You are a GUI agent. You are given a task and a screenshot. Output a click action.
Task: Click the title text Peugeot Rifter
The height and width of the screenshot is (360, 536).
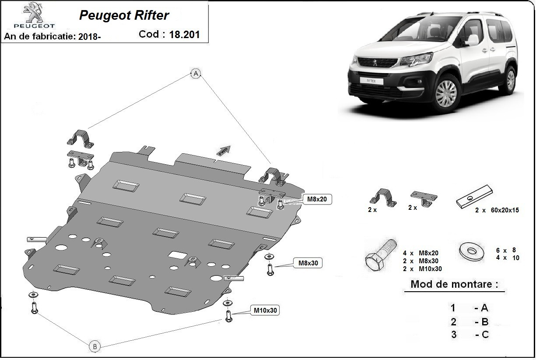[124, 15]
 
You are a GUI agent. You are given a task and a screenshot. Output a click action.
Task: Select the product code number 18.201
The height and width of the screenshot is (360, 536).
[184, 34]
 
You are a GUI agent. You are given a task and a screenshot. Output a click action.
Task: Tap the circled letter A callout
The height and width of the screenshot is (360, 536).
[196, 74]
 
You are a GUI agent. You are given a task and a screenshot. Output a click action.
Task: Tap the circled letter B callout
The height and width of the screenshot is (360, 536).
[95, 346]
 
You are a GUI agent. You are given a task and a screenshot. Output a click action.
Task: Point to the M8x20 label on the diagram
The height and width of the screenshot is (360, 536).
[317, 200]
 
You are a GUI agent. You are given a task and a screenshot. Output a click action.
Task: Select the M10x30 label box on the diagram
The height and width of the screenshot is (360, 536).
[265, 310]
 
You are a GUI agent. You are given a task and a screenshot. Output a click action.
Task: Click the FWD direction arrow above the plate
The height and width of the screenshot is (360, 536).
[224, 151]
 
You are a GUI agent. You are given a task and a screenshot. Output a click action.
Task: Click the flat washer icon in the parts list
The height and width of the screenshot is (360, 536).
[472, 251]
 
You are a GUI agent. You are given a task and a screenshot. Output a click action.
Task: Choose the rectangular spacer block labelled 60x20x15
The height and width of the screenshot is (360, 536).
[474, 197]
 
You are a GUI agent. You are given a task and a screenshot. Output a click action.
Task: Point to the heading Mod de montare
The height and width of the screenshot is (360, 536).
[454, 284]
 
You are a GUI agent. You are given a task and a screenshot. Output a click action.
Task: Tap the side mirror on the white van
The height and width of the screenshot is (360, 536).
[473, 40]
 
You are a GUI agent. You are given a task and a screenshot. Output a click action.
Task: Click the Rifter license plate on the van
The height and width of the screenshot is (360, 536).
[368, 81]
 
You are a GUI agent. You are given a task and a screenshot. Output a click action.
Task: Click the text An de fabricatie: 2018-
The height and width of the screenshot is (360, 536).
[53, 37]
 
